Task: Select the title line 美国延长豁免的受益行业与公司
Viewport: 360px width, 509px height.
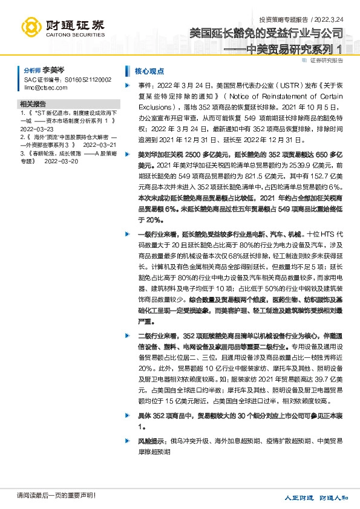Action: tap(269, 34)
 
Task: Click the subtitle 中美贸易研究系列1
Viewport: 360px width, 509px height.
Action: tap(295, 50)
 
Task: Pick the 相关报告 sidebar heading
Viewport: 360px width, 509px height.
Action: tap(33, 103)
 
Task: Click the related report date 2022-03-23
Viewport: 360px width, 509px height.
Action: tap(37, 129)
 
